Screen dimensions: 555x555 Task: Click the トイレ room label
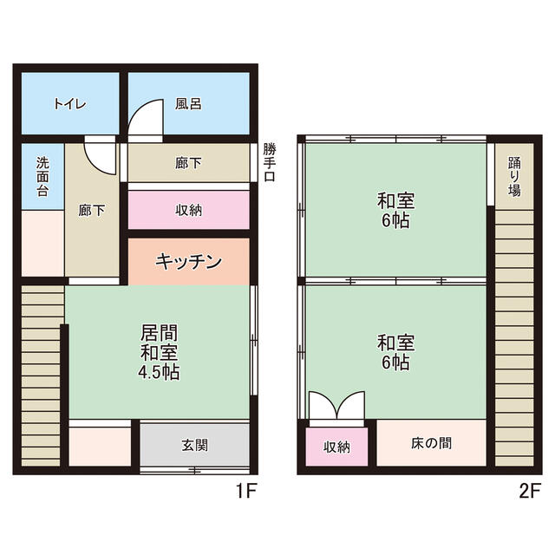(69, 104)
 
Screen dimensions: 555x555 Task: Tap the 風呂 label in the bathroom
(188, 104)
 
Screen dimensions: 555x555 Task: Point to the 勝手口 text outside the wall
(269, 164)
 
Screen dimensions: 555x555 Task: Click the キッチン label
(189, 261)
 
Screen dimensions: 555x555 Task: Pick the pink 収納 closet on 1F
(189, 210)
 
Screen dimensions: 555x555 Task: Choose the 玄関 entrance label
(194, 446)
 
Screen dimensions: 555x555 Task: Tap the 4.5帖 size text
(160, 373)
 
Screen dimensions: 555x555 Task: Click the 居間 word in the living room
(160, 332)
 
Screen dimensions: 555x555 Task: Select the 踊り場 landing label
(514, 176)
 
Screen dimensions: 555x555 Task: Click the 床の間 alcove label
(431, 443)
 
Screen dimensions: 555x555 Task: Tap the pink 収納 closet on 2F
(337, 447)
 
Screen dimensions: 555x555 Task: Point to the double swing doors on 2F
(337, 407)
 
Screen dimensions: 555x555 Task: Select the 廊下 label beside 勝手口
(188, 161)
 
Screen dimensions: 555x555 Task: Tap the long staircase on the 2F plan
(514, 338)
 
